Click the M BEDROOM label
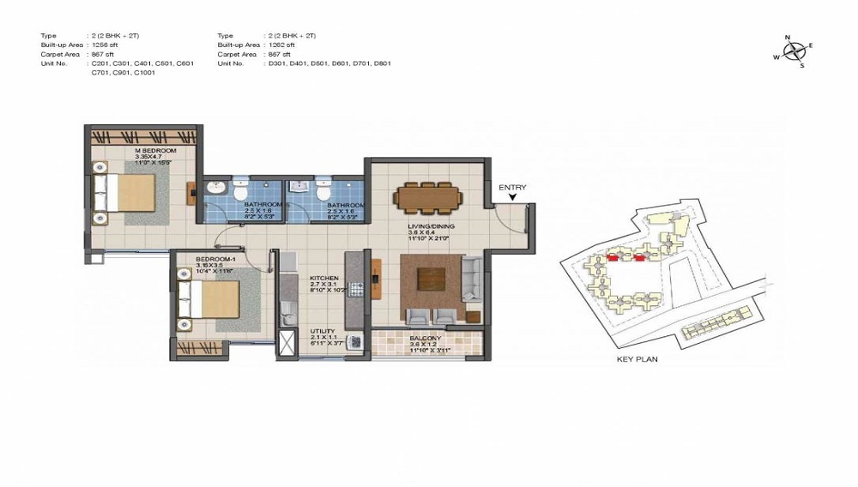coord(155,151)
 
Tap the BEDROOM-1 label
coord(209,259)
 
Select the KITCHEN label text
coord(324,279)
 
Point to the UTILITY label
coord(323,331)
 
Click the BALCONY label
coord(426,338)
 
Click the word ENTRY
coord(512,187)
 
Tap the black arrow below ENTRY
coord(512,198)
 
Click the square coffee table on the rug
coord(432,281)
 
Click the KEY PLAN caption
coord(637,359)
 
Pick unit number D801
coord(380,63)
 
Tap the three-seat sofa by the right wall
coord(473,279)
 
